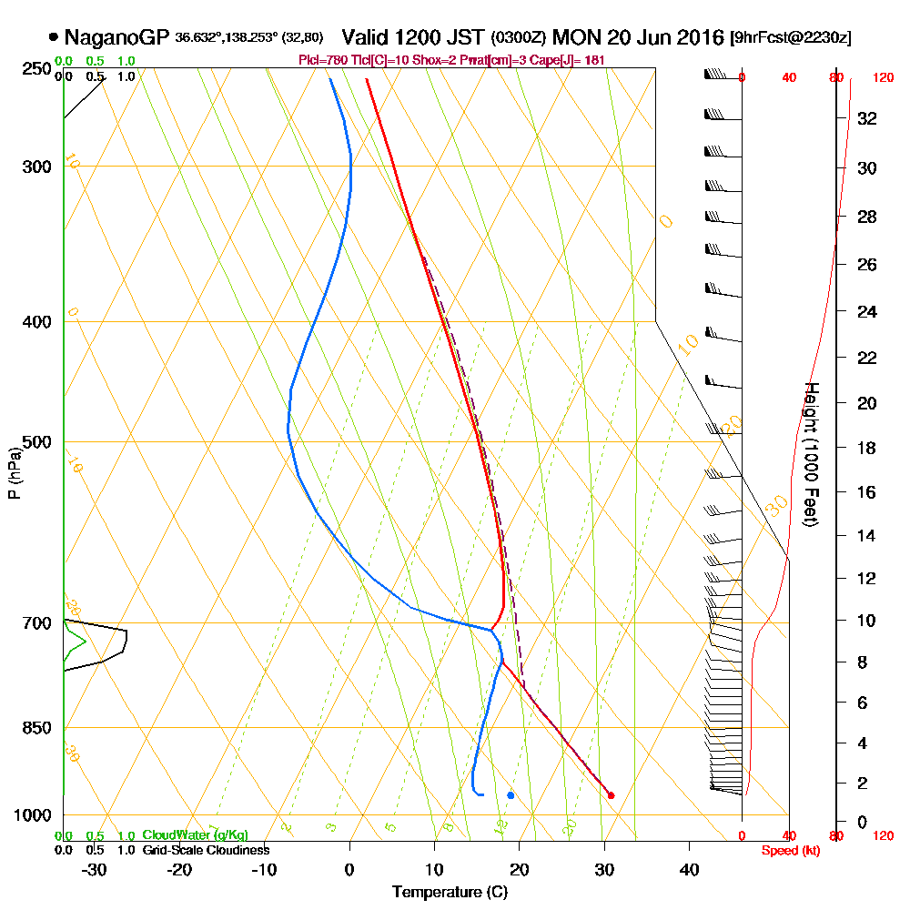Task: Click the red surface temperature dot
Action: click(x=611, y=795)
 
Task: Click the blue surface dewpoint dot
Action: click(x=511, y=795)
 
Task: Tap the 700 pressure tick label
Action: click(x=36, y=623)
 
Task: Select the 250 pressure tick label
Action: click(x=36, y=69)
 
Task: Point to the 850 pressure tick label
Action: click(x=36, y=728)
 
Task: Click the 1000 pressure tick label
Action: click(x=33, y=815)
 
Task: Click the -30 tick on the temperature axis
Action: click(x=95, y=869)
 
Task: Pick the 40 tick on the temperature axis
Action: click(x=689, y=869)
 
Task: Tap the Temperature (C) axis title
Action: click(x=450, y=892)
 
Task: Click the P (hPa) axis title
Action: click(x=14, y=473)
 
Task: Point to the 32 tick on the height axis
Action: click(x=866, y=118)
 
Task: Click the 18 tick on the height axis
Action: click(x=866, y=448)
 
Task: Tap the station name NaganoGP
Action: click(x=116, y=37)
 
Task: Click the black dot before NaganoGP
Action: click(x=54, y=37)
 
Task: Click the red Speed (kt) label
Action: click(x=787, y=850)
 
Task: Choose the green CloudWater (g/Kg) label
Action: click(x=195, y=835)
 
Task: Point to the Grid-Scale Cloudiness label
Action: click(x=205, y=850)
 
